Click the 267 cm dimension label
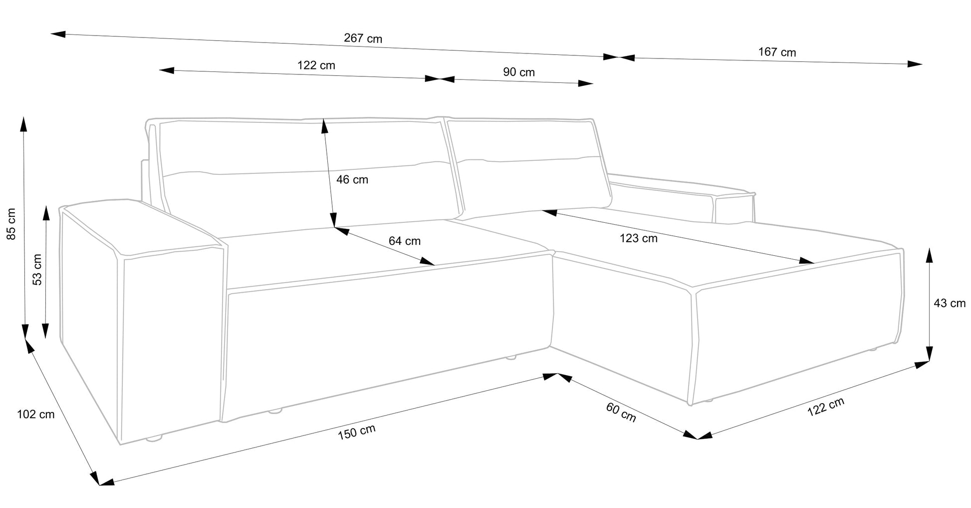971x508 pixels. pos(363,38)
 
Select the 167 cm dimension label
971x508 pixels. pos(777,52)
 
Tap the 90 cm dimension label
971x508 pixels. pos(518,72)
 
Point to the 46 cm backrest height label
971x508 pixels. pos(352,179)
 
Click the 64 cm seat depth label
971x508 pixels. pos(404,241)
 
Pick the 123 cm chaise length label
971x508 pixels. pos(638,238)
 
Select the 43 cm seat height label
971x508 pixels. pos(949,303)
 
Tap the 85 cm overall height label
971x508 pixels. pos(11,224)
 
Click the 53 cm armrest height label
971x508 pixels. pos(37,270)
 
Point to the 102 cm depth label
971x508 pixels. pos(35,414)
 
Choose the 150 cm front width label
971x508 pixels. pos(356,432)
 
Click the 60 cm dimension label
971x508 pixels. pos(621,412)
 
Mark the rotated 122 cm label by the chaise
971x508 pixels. pos(825,407)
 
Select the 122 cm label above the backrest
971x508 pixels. pos(316,65)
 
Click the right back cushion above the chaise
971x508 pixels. pos(529,165)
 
